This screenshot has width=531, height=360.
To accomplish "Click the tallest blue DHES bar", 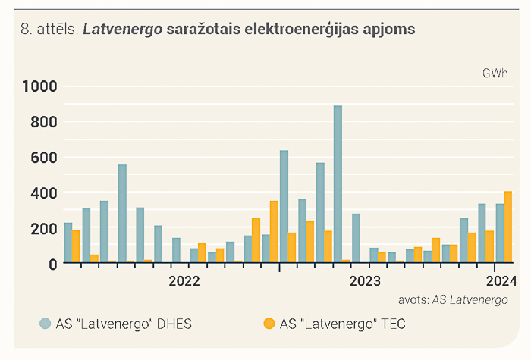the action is pos(338,184).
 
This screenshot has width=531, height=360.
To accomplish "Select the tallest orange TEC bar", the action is pos(507,227).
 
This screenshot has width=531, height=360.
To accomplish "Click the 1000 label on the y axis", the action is pos(39,86).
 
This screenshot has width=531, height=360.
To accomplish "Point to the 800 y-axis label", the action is pos(44,122).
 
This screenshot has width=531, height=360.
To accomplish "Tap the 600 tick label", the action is pos(44,158).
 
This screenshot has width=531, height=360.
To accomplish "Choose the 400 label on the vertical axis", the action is pos(44,193).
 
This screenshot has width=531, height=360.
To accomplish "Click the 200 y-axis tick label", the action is pos(44,229).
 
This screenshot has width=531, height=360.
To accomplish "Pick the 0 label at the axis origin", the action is pos(53,265).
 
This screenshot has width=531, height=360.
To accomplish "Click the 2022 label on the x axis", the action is pos(184,281).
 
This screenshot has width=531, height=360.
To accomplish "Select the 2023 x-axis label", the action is pos(365,281).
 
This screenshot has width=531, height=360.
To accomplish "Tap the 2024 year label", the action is pos(501,281).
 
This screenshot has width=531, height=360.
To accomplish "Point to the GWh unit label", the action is pos(495,74).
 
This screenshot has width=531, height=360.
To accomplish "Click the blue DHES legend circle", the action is pos(45,324).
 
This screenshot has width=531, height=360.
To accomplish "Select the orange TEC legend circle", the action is pos(269,324).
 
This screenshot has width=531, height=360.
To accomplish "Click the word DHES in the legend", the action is pos(174,324).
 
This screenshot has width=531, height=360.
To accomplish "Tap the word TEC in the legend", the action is pos(393,324).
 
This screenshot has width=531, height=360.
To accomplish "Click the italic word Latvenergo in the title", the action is pos(123,30).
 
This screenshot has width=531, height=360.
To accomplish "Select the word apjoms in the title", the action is pos(389,30).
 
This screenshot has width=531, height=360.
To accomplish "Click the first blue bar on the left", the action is pos(68,243).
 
